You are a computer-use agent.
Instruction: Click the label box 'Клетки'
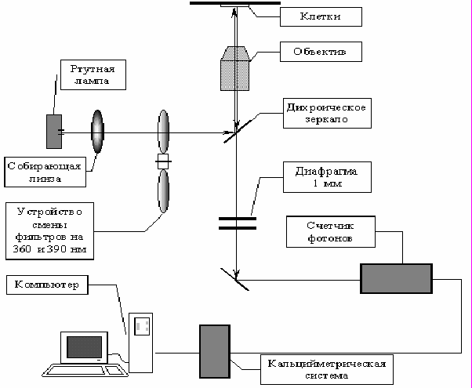click(x=321, y=17)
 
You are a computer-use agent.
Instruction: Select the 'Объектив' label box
click(x=321, y=52)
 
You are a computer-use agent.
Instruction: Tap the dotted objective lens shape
click(x=234, y=68)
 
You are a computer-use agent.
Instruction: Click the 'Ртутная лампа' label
click(x=93, y=74)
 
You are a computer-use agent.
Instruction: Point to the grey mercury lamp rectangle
click(x=54, y=132)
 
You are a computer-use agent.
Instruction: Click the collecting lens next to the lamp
click(x=97, y=132)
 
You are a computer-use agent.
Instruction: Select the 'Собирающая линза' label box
click(x=45, y=172)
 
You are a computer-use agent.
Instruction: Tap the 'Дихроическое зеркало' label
click(x=327, y=113)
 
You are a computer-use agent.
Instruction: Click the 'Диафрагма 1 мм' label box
click(x=327, y=177)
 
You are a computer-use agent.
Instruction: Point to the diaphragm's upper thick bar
click(x=238, y=219)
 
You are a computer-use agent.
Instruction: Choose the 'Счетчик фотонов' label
click(x=331, y=232)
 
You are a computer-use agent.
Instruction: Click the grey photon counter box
click(x=397, y=278)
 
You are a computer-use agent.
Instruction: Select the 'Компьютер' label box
click(x=47, y=285)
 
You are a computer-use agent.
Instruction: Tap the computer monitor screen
click(x=84, y=347)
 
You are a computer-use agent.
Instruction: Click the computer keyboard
click(x=85, y=370)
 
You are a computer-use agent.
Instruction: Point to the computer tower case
click(x=140, y=343)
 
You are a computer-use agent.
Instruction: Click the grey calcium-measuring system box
click(x=215, y=351)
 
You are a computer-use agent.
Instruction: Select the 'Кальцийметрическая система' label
click(x=327, y=370)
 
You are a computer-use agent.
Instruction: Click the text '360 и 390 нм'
click(x=49, y=249)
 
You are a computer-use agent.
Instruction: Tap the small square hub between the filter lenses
click(x=163, y=161)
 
